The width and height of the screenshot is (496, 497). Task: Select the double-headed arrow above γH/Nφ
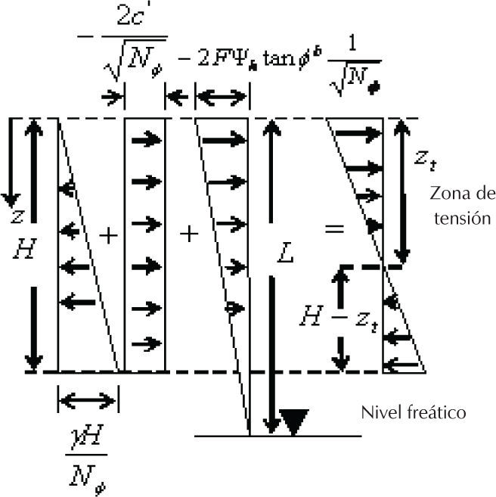[86, 399]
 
